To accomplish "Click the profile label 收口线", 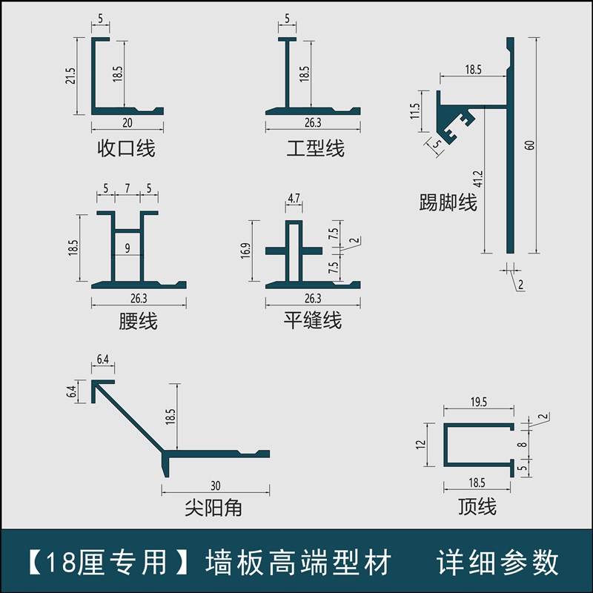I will pos(127,148).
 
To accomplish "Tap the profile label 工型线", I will pos(316,148).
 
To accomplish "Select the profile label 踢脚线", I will pos(448,202).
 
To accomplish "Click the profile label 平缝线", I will pos(313,321).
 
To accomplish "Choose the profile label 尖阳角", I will pos(213,508).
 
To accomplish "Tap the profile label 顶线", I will pos(477,507).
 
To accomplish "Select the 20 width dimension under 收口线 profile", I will pos(127,123).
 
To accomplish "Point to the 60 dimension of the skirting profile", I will pos(529,144).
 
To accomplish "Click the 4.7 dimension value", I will pos(294,199).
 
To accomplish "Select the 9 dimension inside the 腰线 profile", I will pos(127,249).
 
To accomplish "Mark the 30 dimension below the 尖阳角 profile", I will pos(215,486).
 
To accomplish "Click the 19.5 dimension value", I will pos(478,402).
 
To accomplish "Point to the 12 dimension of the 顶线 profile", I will pos(420,445).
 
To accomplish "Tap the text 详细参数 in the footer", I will pos(498,563).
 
